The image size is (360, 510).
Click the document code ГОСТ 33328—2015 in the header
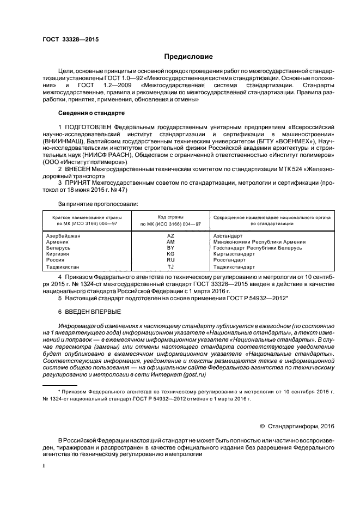pos(71,40)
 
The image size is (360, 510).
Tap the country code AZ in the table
pos(170,235)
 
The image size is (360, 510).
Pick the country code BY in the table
pos(170,248)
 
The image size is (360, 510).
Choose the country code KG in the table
pos(170,254)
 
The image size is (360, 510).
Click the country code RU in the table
pos(170,260)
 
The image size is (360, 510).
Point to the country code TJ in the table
pos(170,268)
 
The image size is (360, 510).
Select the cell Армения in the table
pos(57,241)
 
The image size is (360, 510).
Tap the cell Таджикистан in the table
pos(63,268)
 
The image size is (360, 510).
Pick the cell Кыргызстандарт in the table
pos(234,254)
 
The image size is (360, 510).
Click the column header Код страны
pos(170,217)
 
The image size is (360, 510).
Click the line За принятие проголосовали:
pos(98,204)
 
